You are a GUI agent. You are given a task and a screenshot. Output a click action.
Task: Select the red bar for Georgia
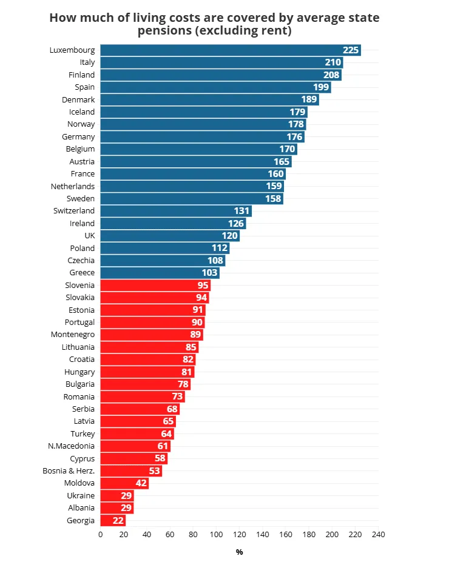coord(113,520)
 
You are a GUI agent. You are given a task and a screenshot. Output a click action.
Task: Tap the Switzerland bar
coord(176,211)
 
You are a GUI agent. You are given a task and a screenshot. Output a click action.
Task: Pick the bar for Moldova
coord(124,483)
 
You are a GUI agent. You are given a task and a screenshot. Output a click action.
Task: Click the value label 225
coord(351,50)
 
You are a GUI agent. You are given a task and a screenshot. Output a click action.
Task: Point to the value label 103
coord(209,273)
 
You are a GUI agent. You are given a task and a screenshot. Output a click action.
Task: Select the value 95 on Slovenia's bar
coord(203,285)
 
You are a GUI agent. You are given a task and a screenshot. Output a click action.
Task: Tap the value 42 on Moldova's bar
coord(141,483)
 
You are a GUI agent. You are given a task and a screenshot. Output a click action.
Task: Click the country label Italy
coord(87,62)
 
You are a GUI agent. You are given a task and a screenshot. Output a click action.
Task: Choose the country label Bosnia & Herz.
coord(69,471)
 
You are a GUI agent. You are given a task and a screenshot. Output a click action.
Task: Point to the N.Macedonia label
coord(71,446)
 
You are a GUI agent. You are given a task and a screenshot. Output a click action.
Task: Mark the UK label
coord(89,236)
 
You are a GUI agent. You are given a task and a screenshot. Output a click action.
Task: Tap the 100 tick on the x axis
coord(216,535)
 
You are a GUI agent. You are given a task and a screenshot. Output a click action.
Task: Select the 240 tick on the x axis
coord(379,535)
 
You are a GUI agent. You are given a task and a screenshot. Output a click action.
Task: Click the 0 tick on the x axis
coord(100,535)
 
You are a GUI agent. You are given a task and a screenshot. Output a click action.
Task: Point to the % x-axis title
coord(239,552)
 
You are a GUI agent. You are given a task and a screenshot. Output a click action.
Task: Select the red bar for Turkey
coord(137,433)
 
